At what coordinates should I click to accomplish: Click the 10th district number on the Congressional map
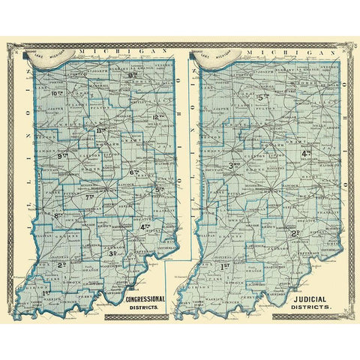click(x=59, y=94)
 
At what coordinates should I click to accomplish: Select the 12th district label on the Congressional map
click(x=158, y=117)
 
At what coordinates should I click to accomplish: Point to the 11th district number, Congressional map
click(x=103, y=131)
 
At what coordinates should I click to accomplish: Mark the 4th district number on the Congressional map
click(x=145, y=226)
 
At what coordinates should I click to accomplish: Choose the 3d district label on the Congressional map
click(x=114, y=253)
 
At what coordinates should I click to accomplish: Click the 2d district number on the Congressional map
click(x=63, y=265)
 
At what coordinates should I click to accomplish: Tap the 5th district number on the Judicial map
click(x=263, y=97)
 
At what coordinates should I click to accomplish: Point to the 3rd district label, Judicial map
click(x=235, y=165)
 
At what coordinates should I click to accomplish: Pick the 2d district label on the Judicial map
click(x=295, y=232)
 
